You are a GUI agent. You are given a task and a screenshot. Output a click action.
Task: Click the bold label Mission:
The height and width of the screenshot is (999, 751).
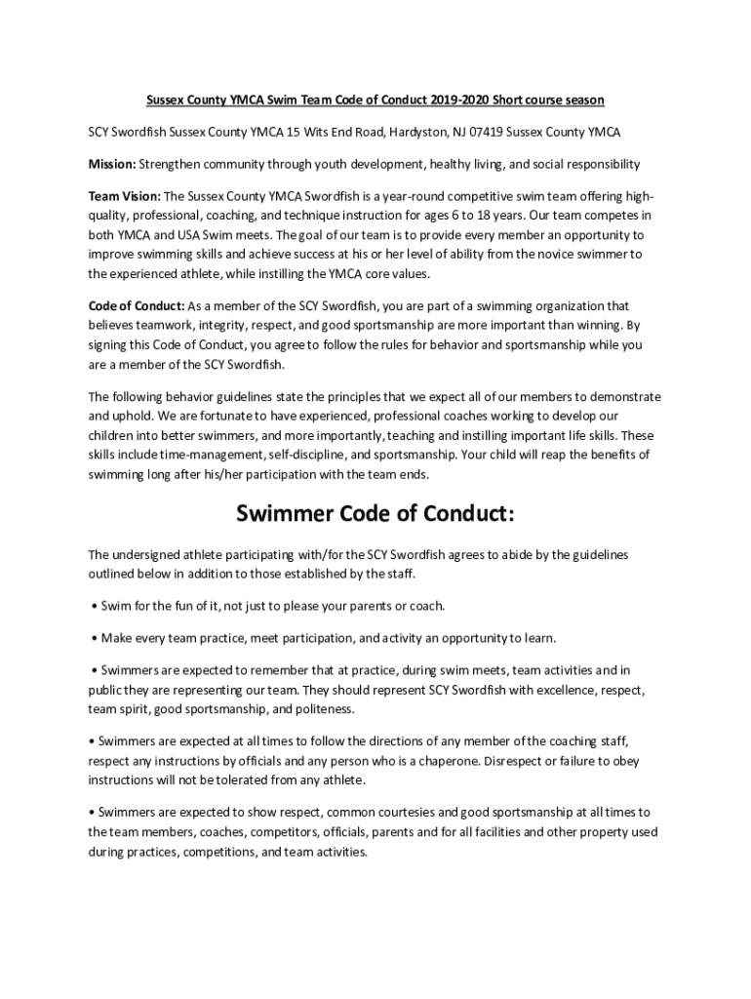tap(112, 163)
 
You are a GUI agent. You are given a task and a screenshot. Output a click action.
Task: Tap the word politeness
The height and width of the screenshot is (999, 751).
tap(323, 709)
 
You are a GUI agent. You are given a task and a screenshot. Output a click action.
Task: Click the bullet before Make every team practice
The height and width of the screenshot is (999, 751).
tap(94, 638)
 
